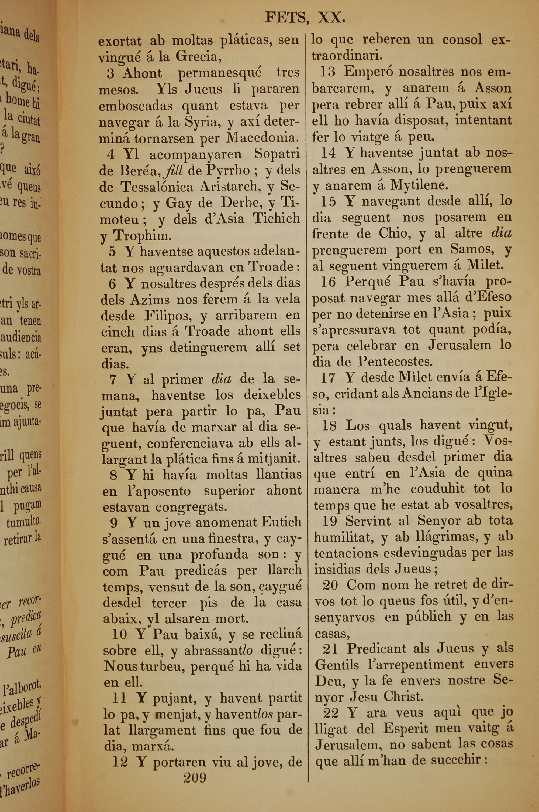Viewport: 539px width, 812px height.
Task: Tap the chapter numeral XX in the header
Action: pos(331,18)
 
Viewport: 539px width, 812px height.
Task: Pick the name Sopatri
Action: pos(277,154)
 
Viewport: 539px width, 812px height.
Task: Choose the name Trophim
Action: pos(142,235)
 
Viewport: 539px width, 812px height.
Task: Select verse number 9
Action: pos(114,523)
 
